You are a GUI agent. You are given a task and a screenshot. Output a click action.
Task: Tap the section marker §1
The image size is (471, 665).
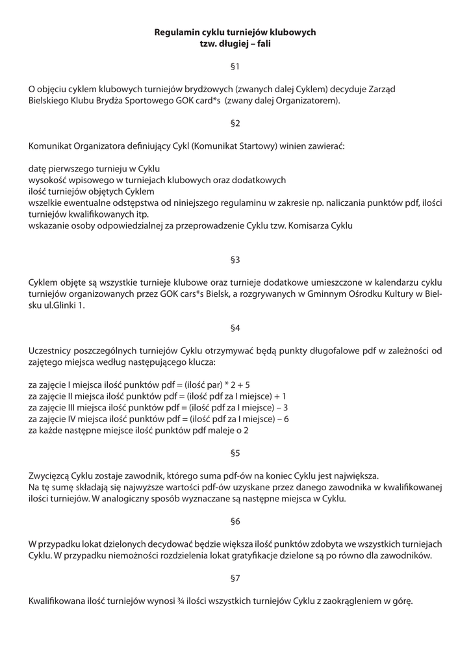tap(235, 66)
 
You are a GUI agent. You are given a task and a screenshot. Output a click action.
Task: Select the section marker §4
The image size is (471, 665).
tap(235, 327)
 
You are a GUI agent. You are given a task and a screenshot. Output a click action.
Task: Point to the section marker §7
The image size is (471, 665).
tap(235, 577)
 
